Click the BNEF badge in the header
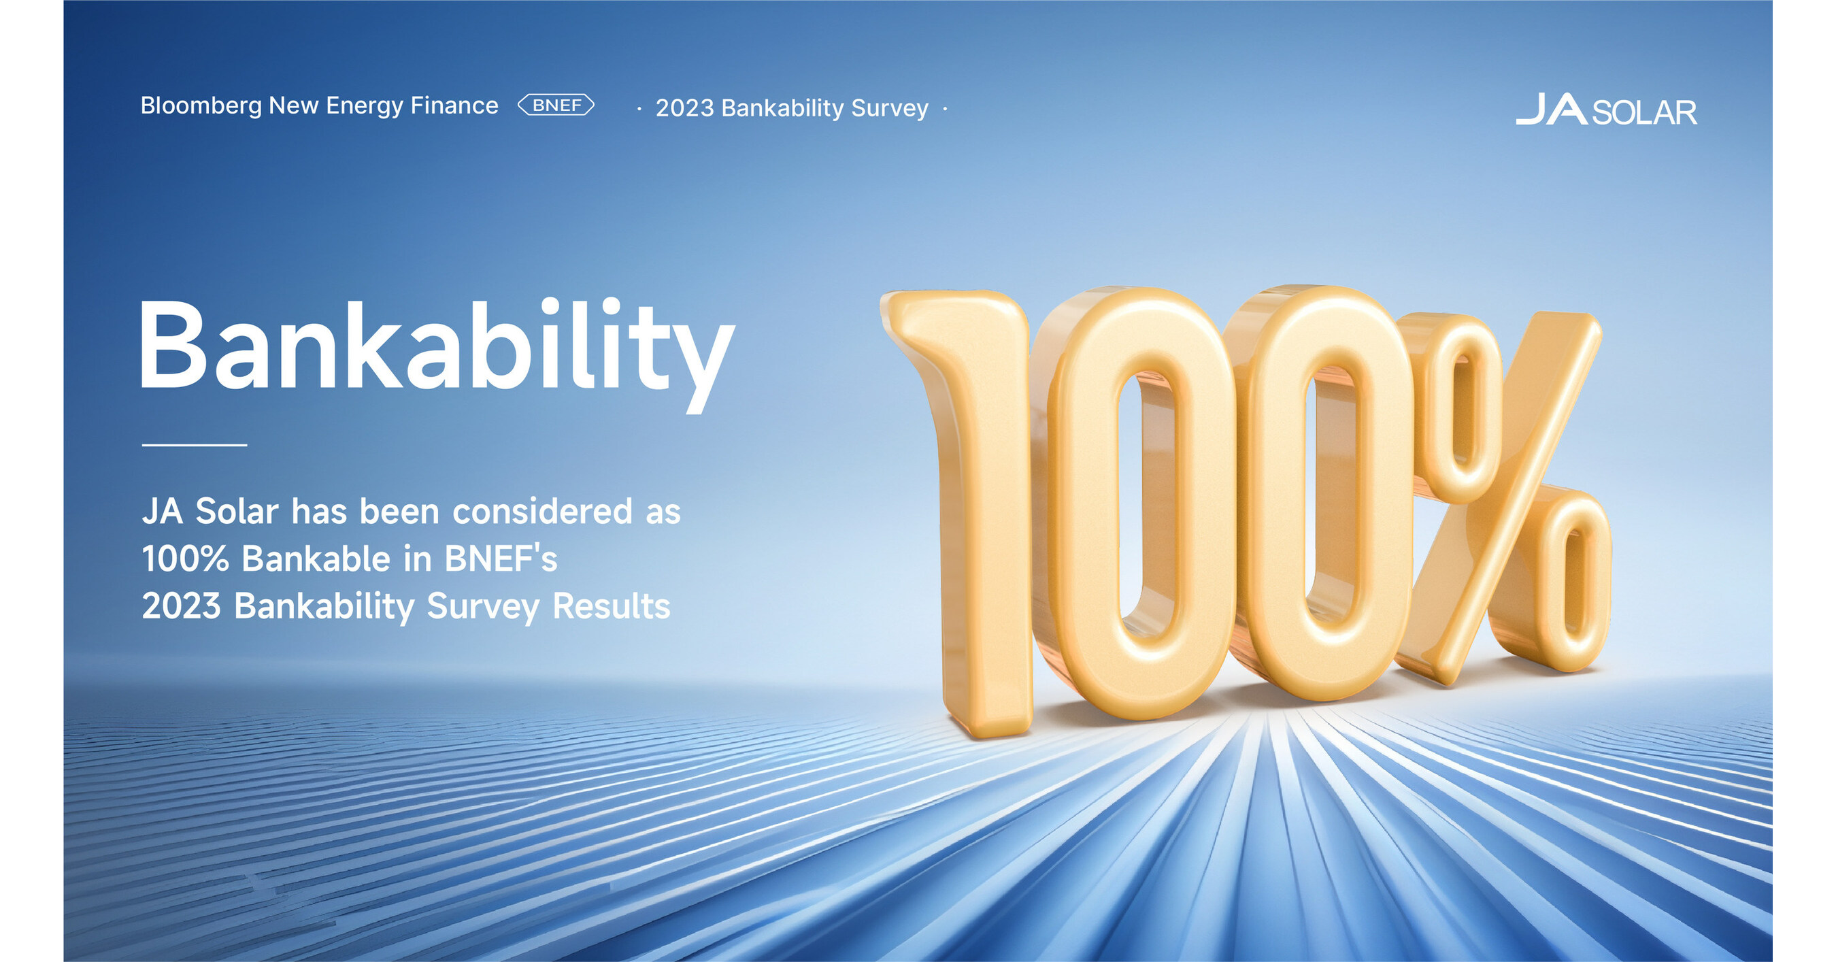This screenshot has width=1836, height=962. pyautogui.click(x=556, y=105)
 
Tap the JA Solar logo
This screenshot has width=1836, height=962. pyautogui.click(x=1606, y=110)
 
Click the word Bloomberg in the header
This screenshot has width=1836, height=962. pyautogui.click(x=201, y=106)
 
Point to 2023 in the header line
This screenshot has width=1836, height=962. pyautogui.click(x=684, y=108)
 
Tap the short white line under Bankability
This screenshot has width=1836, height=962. pyautogui.click(x=194, y=445)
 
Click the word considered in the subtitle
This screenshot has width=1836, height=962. pyautogui.click(x=542, y=512)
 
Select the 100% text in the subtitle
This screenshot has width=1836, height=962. pyautogui.click(x=184, y=559)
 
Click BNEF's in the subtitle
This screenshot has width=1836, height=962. pyautogui.click(x=501, y=559)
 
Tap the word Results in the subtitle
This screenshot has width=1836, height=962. pyautogui.click(x=611, y=606)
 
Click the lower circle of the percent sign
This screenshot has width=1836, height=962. pyautogui.click(x=1568, y=581)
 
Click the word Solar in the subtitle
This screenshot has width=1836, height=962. pyautogui.click(x=236, y=512)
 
